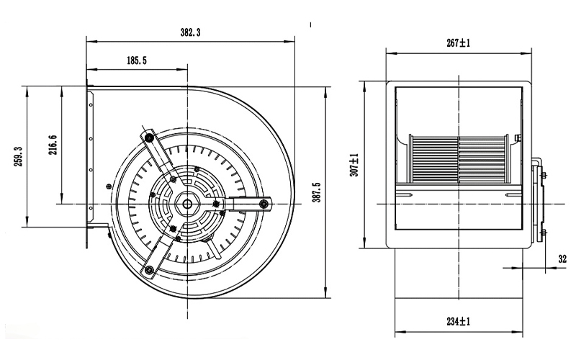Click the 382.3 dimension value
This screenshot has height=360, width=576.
[x=190, y=32]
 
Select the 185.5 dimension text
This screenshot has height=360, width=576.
[x=137, y=60]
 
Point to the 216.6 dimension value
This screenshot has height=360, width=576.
[x=53, y=145]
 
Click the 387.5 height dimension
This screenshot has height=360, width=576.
[x=318, y=192]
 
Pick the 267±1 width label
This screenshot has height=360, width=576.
[x=459, y=43]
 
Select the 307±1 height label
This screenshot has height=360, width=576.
[x=354, y=165]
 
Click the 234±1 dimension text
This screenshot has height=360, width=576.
[x=459, y=322]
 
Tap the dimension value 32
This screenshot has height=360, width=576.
[x=562, y=259]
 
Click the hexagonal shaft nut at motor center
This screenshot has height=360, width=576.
[x=187, y=203]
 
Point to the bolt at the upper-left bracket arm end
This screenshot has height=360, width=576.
[x=149, y=138]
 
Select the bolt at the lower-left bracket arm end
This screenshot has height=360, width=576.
[x=149, y=271]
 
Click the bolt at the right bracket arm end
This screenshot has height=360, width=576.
[x=263, y=204]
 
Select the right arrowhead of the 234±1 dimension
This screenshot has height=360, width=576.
[x=518, y=333]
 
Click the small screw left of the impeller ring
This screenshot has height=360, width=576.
[x=108, y=186]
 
